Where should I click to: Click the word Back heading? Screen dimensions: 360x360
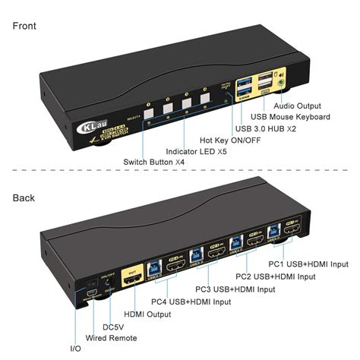[25, 198]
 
